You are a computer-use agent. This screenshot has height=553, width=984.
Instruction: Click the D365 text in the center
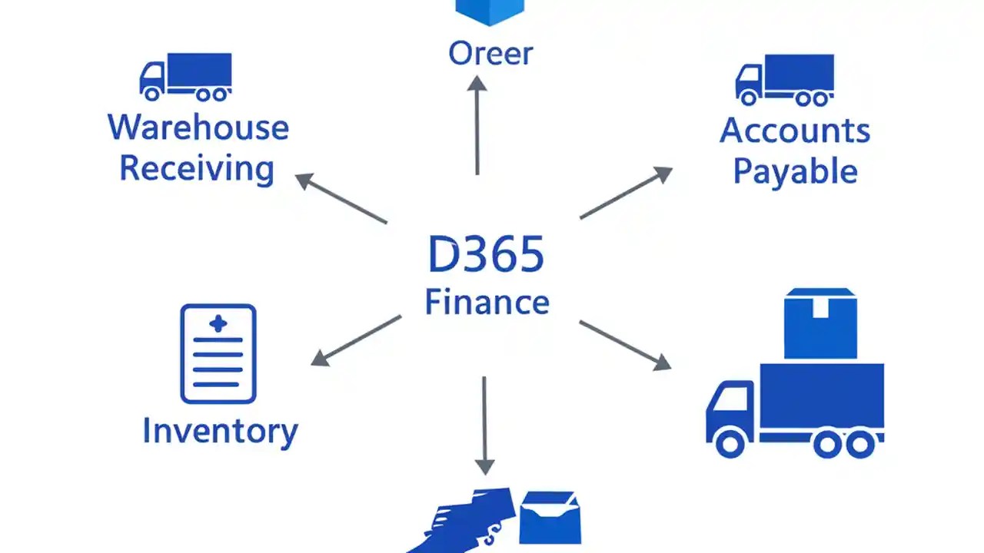pyautogui.click(x=486, y=256)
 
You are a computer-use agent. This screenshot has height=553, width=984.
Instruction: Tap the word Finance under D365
pyautogui.click(x=487, y=302)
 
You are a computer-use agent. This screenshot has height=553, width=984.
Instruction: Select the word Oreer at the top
pyautogui.click(x=490, y=54)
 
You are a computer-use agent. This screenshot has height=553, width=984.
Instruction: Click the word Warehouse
pyautogui.click(x=198, y=127)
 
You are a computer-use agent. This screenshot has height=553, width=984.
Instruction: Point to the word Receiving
pyautogui.click(x=197, y=168)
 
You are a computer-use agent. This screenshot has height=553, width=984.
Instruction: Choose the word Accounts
pyautogui.click(x=795, y=131)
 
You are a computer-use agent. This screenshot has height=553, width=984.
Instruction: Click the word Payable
pyautogui.click(x=795, y=171)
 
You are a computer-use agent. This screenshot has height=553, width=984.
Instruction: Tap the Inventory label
pyautogui.click(x=220, y=431)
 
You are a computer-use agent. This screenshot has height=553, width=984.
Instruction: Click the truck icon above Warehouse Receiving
pyautogui.click(x=185, y=77)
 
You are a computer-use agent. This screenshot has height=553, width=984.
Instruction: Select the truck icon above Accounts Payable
pyautogui.click(x=784, y=79)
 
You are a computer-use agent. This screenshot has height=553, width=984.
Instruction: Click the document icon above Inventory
pyautogui.click(x=218, y=353)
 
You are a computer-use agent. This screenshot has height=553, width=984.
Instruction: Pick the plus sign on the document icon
pyautogui.click(x=218, y=323)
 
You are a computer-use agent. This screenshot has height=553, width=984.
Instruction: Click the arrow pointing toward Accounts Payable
pyautogui.click(x=626, y=193)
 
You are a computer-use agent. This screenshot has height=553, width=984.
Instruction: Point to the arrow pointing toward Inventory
pyautogui.click(x=356, y=340)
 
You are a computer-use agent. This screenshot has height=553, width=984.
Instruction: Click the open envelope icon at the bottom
pyautogui.click(x=550, y=518)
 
